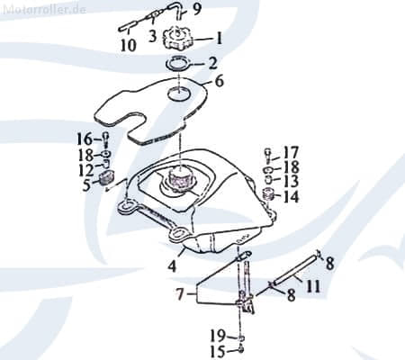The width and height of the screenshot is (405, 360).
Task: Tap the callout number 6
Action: [220, 81]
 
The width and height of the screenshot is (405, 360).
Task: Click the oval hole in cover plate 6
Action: [179, 94]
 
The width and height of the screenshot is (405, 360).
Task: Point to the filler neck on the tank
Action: [180, 179]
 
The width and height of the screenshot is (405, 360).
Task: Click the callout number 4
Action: [172, 266]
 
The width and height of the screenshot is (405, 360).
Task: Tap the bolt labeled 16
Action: [106, 139]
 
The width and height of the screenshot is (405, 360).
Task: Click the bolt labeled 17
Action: [268, 155]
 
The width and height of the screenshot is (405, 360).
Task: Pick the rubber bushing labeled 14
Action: [268, 195]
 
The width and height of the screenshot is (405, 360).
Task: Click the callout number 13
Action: [291, 182]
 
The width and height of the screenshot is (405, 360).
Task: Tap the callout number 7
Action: [179, 294]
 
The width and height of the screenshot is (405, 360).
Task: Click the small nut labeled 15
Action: [241, 349]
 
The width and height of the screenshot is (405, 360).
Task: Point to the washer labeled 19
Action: [242, 338]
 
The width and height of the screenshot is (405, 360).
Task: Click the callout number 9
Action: [196, 9]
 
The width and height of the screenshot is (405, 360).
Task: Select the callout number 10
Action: [129, 46]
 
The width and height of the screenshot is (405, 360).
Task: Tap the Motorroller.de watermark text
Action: [45, 9]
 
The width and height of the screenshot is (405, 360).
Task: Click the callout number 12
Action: [86, 171]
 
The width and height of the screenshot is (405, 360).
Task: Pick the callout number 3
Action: [153, 36]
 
